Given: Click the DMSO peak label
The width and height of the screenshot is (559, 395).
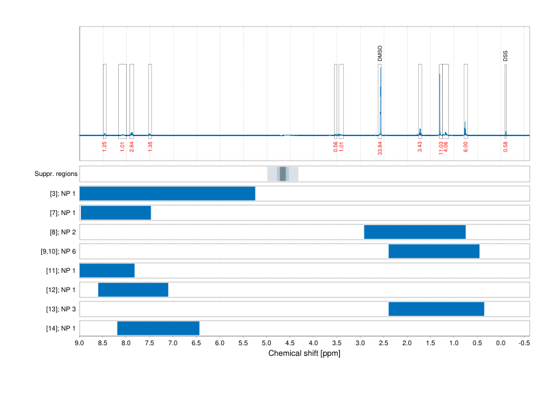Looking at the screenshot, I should (380, 54).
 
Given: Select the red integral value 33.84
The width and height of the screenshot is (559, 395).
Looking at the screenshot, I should (380, 147).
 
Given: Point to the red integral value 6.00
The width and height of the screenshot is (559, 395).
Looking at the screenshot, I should (465, 146).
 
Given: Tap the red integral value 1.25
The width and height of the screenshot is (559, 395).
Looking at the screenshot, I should (104, 146).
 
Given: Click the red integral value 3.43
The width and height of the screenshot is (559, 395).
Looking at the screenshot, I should (420, 146).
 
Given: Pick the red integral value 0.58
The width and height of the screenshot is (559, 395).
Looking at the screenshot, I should (505, 146).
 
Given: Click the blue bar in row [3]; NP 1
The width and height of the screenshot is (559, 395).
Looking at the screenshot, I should (167, 194).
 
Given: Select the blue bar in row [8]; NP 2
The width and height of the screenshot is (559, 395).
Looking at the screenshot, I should (415, 232).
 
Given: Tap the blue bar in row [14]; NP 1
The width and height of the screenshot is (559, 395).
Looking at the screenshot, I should (158, 329).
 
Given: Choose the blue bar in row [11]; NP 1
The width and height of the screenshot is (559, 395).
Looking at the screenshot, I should (107, 271).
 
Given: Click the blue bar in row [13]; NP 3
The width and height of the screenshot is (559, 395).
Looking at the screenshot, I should (436, 309).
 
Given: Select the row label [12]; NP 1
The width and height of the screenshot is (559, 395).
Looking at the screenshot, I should (58, 290).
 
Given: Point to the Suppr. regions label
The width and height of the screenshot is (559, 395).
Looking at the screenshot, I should (56, 174).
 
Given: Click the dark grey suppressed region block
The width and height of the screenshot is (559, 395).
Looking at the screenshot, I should (283, 174).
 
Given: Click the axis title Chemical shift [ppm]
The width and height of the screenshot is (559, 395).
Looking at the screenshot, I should (304, 354).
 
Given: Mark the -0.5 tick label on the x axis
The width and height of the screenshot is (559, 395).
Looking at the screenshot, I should (524, 344).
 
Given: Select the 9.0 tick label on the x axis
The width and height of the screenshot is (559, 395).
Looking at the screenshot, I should (80, 344).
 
